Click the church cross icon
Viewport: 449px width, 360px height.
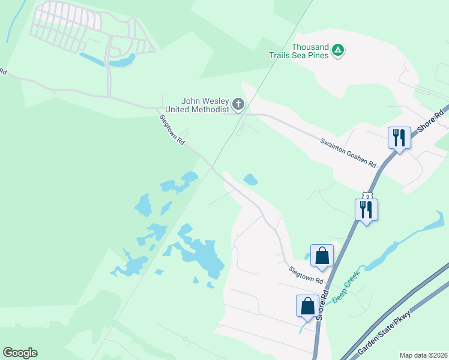pos(238,105)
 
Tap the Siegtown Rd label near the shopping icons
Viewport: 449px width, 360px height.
pos(306,276)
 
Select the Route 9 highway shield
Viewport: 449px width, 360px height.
pos(367,196)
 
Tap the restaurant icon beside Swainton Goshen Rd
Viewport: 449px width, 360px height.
pos(399,138)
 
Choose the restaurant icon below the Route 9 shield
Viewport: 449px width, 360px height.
pos(366,209)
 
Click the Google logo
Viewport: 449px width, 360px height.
pos(20,353)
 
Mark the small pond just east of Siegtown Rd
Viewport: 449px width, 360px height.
pos(250,179)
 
